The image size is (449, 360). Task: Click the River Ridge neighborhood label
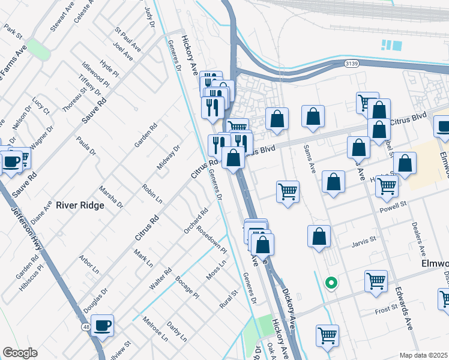80,205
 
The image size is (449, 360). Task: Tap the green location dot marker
330,283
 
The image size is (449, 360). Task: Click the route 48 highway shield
86,326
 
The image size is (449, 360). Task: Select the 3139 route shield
352,63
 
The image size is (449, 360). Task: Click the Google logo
20,353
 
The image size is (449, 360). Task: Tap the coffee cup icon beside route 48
103,325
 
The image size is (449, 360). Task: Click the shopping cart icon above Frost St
376,280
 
